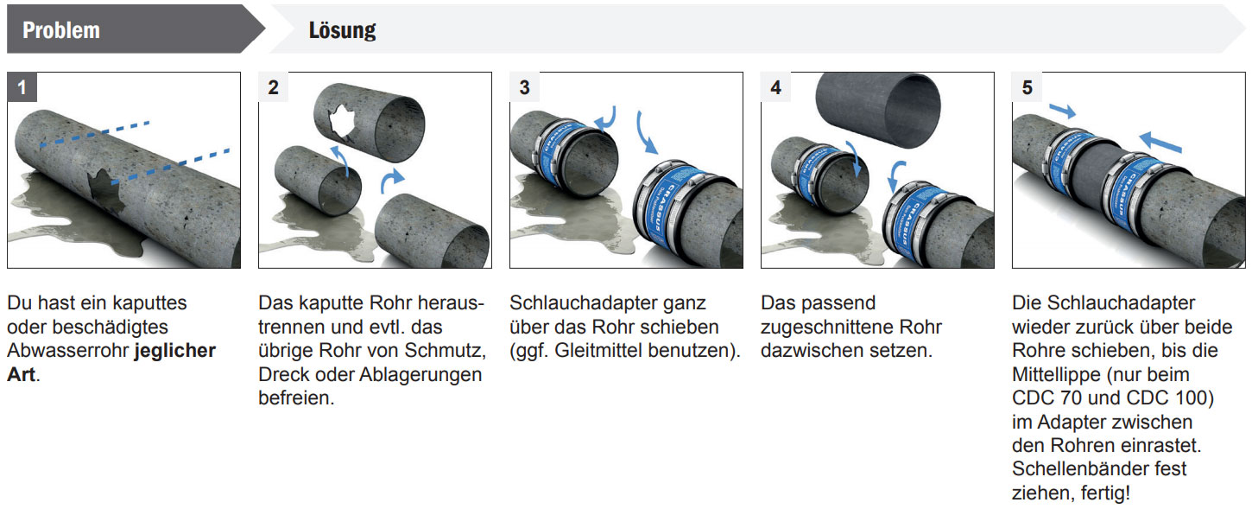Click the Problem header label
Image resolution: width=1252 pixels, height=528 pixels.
(x=61, y=30)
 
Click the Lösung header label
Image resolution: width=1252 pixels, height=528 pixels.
(x=342, y=30)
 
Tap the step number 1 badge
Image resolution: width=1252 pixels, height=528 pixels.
(x=22, y=87)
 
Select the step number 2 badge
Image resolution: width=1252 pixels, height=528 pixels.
(x=274, y=87)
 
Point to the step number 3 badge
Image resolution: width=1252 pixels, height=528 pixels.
(x=524, y=87)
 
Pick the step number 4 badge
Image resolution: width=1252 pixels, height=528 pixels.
(x=775, y=87)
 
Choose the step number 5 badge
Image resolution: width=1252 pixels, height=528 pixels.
(x=1028, y=87)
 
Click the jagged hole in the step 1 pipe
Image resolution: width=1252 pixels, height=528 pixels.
(x=106, y=190)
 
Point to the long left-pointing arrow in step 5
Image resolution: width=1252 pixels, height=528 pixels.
(x=1160, y=142)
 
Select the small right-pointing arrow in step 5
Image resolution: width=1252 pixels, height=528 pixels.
(x=1062, y=111)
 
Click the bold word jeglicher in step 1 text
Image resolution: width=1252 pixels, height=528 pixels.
(x=175, y=351)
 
